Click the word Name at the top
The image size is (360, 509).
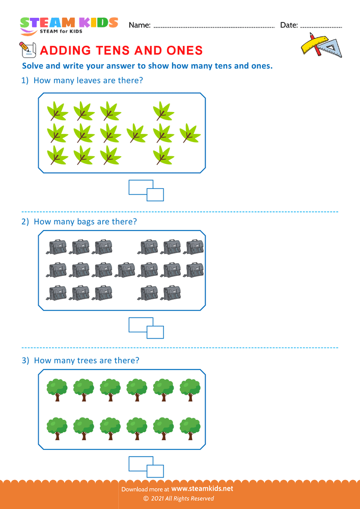(x=140, y=25)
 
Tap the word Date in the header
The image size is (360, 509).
(x=289, y=25)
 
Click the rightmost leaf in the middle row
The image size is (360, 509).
(x=190, y=133)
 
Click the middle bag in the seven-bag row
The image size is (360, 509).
(x=126, y=270)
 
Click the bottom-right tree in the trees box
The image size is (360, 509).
(x=190, y=428)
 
